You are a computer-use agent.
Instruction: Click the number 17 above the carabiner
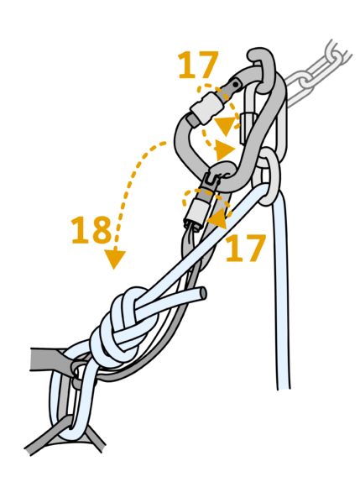[x=198, y=65]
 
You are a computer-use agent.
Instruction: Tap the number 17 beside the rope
[x=246, y=248]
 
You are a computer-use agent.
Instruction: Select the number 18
[x=91, y=229]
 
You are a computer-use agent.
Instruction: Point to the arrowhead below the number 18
[x=114, y=259]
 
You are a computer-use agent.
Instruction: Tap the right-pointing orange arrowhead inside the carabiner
[x=226, y=149]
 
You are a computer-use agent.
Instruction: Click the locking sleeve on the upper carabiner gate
[x=206, y=107]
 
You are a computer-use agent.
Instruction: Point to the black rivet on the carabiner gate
[x=237, y=84]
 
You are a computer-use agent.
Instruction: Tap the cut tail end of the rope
[x=203, y=294]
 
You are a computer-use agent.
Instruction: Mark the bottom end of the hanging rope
[x=284, y=387]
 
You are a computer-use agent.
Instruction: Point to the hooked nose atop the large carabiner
[x=261, y=60]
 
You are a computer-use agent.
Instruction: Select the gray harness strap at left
[x=48, y=360]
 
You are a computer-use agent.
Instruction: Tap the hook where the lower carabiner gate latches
[x=222, y=169]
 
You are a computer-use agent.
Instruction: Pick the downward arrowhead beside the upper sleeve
[x=226, y=126]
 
